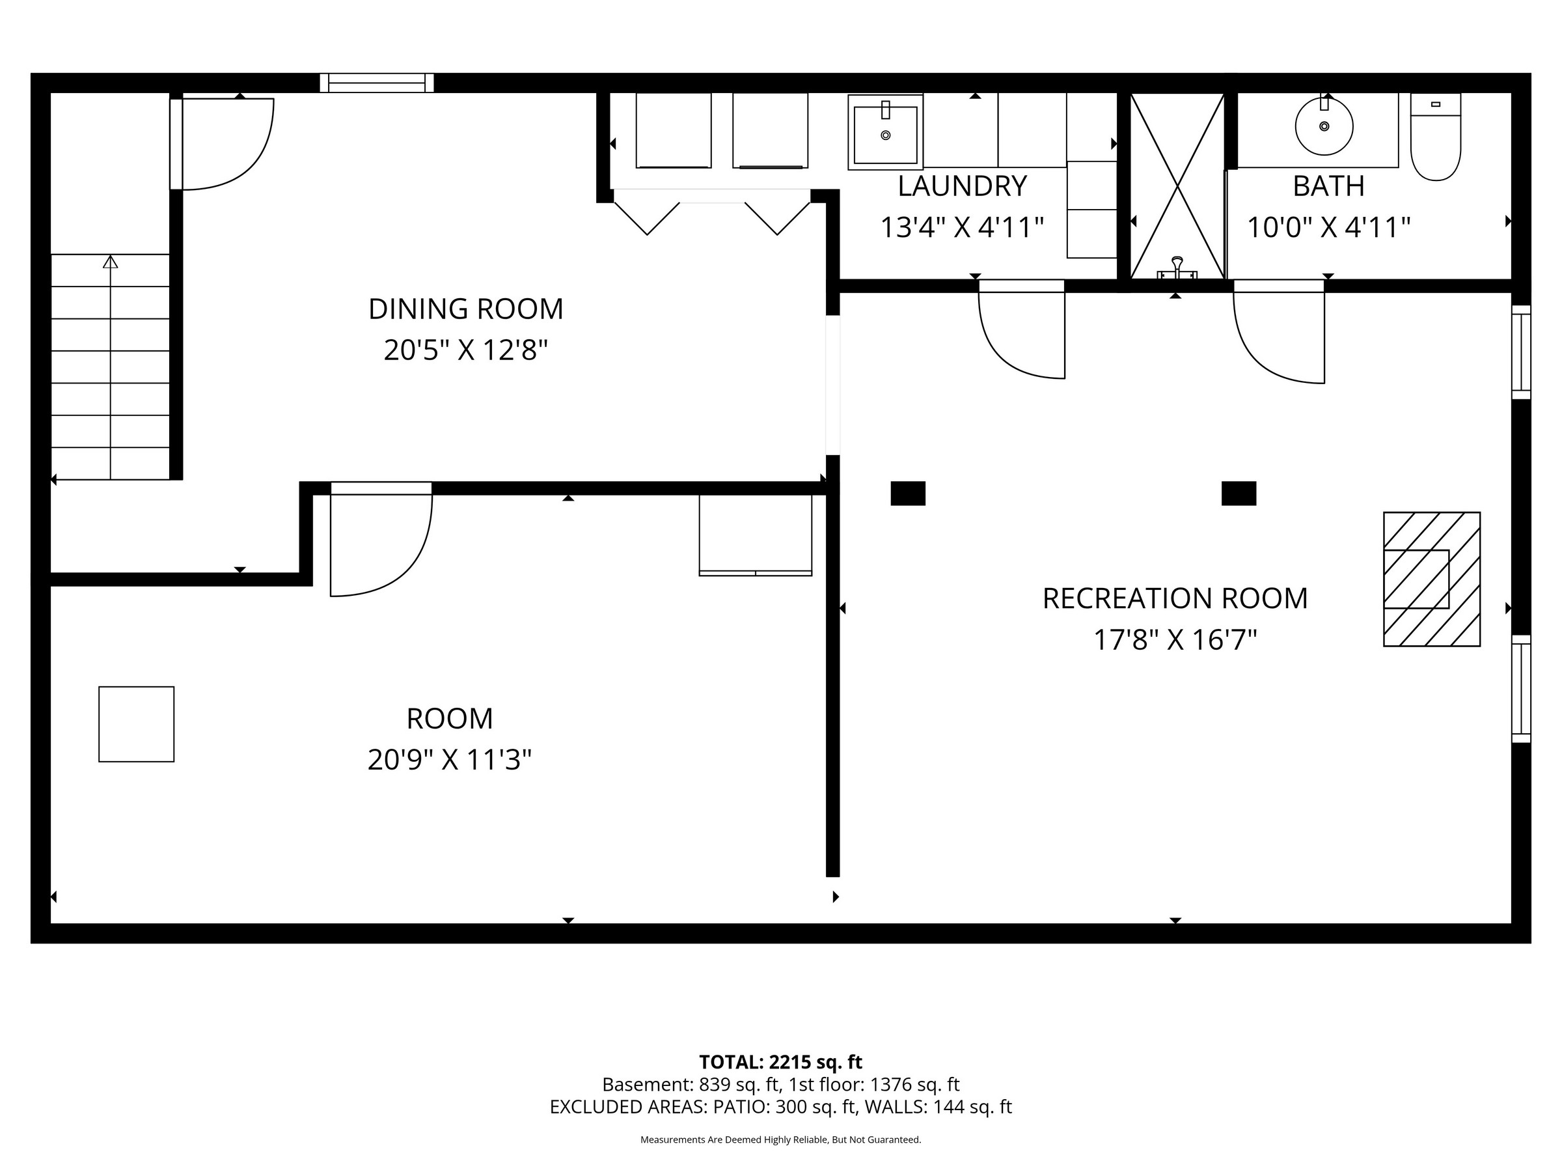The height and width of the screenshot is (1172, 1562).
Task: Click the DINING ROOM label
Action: (466, 309)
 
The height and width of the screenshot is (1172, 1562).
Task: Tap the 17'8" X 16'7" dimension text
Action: (1175, 640)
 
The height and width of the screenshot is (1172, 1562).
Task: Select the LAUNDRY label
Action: (962, 186)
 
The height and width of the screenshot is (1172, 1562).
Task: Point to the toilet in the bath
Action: (1436, 137)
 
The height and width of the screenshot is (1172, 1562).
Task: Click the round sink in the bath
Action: (1324, 126)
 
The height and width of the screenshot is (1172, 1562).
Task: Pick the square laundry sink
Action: (886, 133)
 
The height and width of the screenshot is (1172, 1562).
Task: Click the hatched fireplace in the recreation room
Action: (1431, 579)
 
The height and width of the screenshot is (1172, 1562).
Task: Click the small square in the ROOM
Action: (136, 724)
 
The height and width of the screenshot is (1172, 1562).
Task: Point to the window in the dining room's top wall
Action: (377, 83)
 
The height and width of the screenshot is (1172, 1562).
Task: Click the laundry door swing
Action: (1021, 330)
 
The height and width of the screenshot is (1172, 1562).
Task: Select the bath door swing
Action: (1279, 332)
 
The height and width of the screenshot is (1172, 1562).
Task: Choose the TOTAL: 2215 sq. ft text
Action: (780, 1062)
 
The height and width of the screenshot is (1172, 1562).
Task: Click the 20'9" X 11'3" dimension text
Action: (450, 760)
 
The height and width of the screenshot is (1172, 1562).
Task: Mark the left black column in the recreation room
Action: (908, 493)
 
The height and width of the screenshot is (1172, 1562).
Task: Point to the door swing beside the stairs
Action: (222, 144)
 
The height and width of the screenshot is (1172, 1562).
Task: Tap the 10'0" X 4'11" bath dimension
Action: (1328, 227)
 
